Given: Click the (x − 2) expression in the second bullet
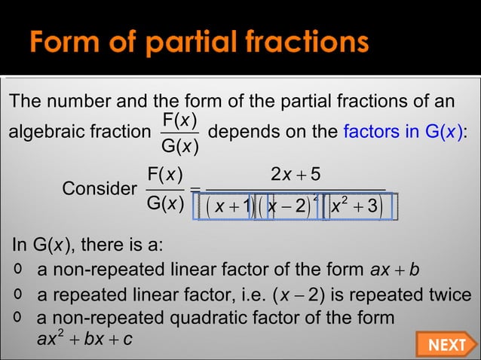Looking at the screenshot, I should pos(315,295).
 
